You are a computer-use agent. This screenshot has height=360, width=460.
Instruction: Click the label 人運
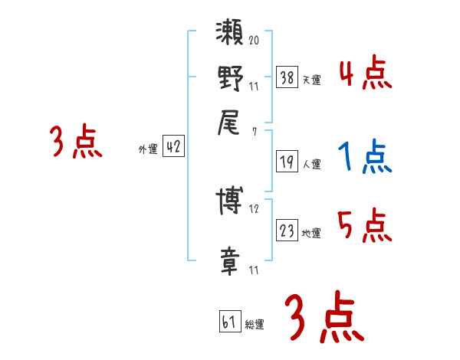(312, 164)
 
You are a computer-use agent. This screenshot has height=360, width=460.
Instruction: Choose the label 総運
(255, 325)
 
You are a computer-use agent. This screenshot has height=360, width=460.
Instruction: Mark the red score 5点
(365, 227)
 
